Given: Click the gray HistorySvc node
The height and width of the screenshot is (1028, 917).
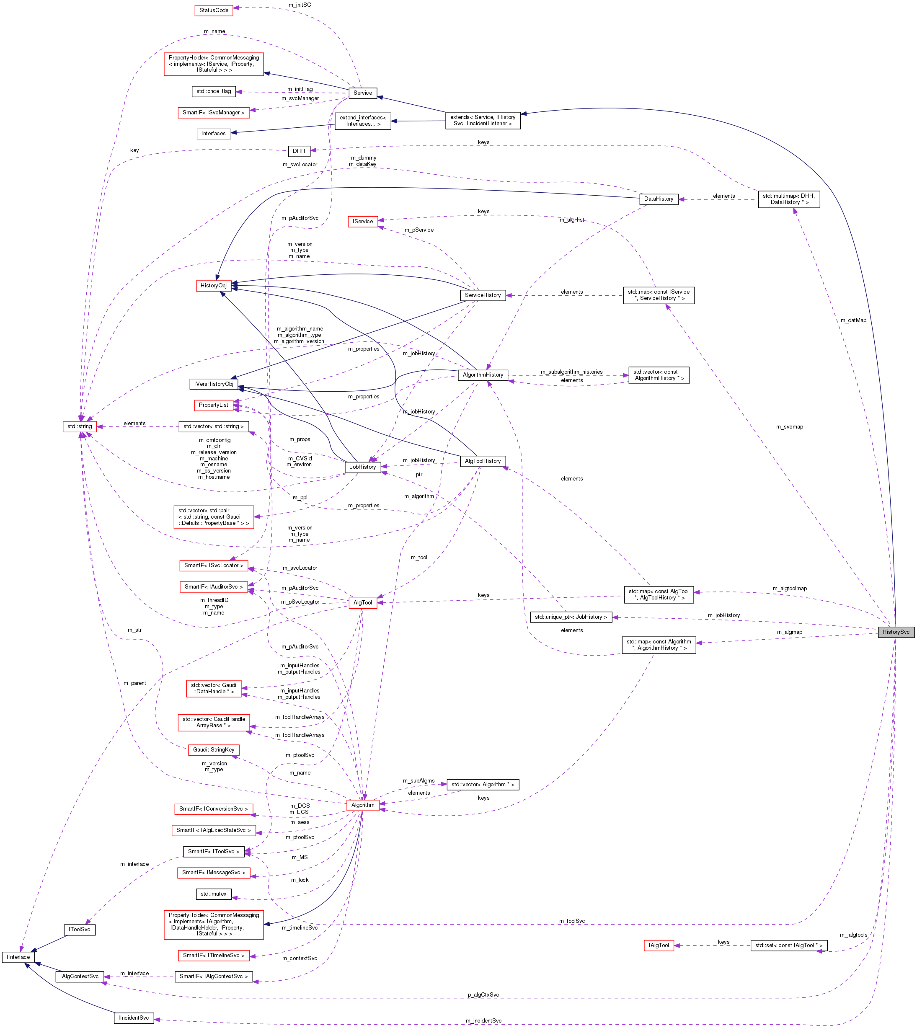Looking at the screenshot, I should tap(895, 632).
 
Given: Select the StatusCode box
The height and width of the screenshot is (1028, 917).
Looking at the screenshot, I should tap(214, 10).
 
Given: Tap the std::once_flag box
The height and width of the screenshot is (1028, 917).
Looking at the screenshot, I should tap(214, 91).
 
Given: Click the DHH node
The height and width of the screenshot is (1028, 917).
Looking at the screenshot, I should tap(299, 151).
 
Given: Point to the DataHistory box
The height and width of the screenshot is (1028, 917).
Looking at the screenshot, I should tap(659, 199).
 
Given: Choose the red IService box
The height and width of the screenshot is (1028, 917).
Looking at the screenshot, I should tap(363, 221).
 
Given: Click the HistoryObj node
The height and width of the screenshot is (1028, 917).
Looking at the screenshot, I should tap(214, 286).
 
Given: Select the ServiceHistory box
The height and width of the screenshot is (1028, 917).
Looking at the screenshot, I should tap(483, 295).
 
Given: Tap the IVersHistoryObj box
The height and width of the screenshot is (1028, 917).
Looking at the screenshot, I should tap(214, 384).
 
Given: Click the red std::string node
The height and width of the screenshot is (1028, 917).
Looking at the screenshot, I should tap(80, 426).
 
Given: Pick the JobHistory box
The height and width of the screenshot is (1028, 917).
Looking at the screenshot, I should tap(363, 467).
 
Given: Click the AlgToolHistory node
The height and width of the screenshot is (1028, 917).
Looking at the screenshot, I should tap(483, 461).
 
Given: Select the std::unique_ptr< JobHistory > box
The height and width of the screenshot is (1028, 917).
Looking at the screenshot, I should tap(571, 617).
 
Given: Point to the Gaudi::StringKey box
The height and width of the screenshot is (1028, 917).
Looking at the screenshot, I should tap(214, 749).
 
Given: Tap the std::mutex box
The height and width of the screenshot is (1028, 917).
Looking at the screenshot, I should tap(214, 894).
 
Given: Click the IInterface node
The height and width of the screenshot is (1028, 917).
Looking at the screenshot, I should tap(18, 957).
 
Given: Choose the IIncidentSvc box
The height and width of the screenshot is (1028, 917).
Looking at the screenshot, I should tap(134, 1018).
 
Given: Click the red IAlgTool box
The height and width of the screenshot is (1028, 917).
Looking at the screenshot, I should tap(659, 945).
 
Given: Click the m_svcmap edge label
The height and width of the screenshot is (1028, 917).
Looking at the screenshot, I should tap(790, 427).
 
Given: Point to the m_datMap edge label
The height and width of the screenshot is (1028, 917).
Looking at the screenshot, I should tap(853, 320).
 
